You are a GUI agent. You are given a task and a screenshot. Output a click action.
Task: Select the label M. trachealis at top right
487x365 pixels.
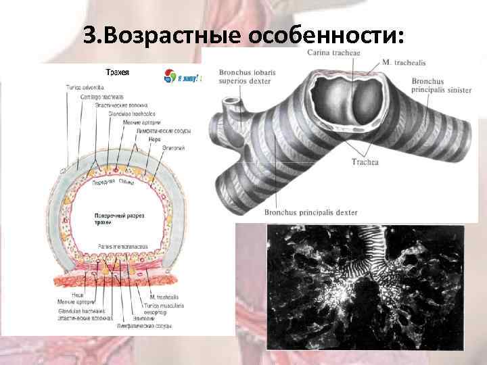[404, 62]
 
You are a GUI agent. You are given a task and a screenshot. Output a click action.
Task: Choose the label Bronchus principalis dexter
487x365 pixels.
[311, 213]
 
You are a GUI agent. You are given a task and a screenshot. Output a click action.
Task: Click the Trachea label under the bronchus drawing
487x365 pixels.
[365, 162]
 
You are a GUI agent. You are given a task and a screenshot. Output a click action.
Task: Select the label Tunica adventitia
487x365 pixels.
[81, 87]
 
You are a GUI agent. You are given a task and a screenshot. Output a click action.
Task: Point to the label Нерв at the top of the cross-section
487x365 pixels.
[145, 139]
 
